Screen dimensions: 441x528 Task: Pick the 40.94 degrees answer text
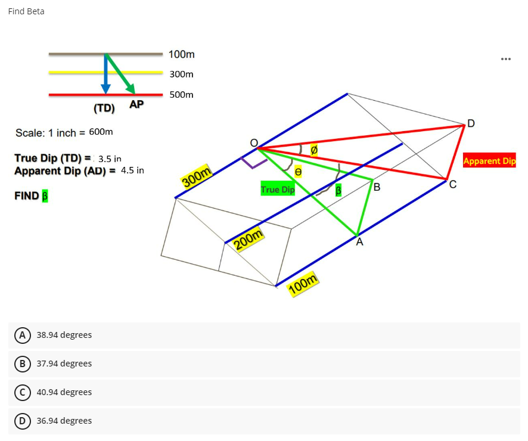pos(64,392)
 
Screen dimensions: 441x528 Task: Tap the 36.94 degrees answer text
pos(64,421)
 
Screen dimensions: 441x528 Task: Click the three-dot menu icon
pos(506,59)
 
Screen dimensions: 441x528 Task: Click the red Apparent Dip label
pos(489,160)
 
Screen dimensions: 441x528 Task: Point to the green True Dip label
pos(278,190)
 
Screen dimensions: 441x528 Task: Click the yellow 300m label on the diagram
pos(197,176)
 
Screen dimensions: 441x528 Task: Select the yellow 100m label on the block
pos(303,285)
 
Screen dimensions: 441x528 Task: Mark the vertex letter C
pos(453,185)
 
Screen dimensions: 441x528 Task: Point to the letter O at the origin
pos(253,143)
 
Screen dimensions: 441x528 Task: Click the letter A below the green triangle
pos(359,243)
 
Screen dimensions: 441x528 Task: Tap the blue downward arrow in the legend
pos(105,74)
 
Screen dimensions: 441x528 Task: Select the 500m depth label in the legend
pos(181,95)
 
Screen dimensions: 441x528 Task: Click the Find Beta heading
pos(26,11)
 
